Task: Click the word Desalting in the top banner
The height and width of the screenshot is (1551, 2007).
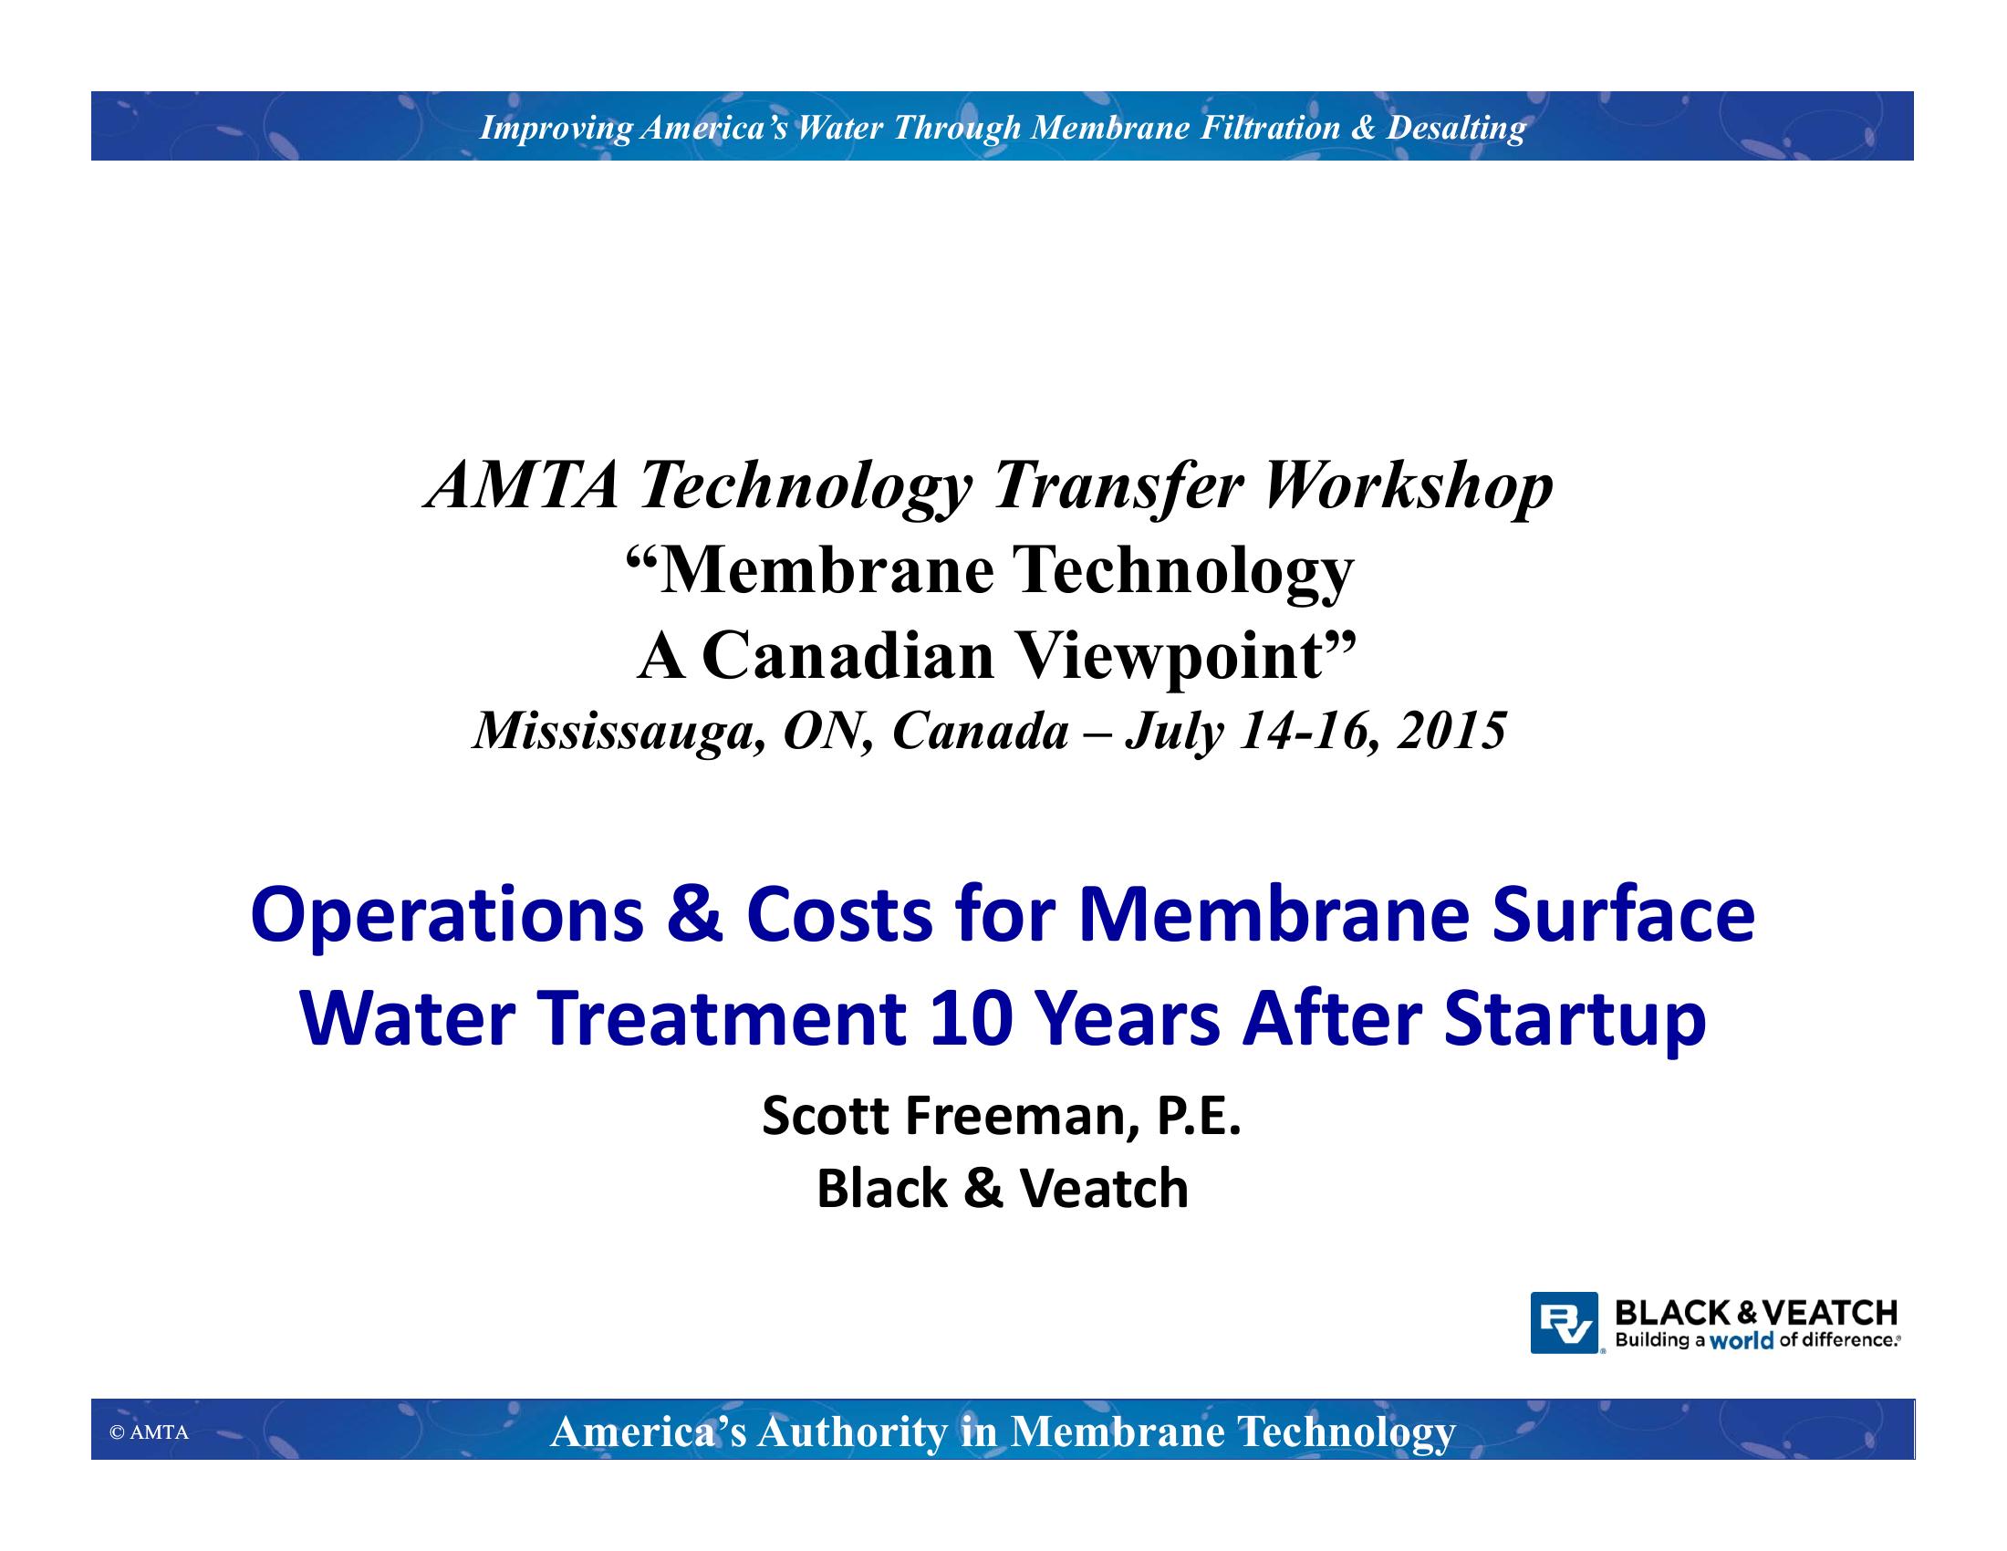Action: (1456, 128)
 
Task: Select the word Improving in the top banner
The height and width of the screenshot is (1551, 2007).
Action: (556, 128)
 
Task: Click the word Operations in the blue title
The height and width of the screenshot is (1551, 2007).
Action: (448, 917)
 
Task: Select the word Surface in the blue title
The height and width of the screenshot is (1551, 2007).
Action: (1623, 915)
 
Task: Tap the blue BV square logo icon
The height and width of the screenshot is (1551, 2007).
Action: (1564, 1322)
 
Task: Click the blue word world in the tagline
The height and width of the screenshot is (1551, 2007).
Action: (1742, 1340)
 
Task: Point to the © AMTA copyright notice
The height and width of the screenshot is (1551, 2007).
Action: (149, 1432)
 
